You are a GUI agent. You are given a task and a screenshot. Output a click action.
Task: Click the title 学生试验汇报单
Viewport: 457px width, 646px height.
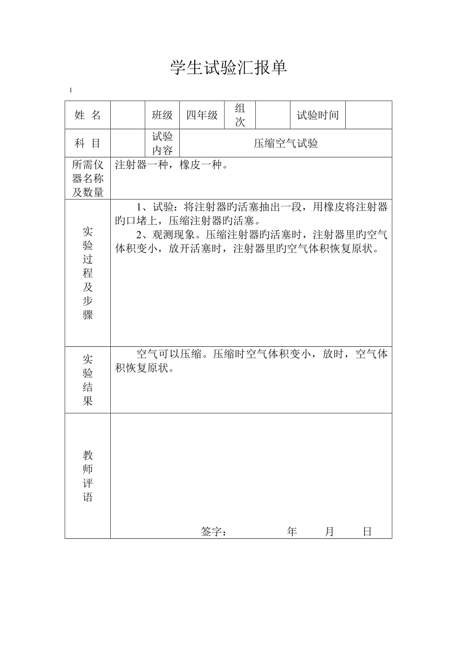[x=228, y=67]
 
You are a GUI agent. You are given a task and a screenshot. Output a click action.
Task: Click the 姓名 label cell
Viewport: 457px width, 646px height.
[x=87, y=115]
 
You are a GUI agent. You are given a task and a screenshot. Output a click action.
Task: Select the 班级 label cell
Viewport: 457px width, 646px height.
[x=162, y=115]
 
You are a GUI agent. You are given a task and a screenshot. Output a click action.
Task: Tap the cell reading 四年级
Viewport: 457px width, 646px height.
[x=202, y=115]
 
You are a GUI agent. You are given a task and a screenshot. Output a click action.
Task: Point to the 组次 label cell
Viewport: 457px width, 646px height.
[x=240, y=115]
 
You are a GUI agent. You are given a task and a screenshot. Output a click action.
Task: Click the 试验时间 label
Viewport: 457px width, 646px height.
[x=318, y=115]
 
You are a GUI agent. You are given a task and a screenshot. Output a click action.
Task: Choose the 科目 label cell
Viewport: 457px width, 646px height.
[x=87, y=143]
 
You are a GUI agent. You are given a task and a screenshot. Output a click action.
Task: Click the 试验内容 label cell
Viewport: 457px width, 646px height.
[x=162, y=143]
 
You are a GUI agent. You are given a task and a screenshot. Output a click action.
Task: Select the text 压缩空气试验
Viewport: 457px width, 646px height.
[x=286, y=144]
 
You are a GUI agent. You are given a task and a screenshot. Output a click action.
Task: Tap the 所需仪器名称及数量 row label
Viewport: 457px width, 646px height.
[x=87, y=179]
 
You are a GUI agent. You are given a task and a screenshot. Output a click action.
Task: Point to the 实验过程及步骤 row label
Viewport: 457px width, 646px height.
[x=87, y=273]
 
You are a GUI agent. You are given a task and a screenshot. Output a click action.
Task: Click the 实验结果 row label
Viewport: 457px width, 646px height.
[x=87, y=380]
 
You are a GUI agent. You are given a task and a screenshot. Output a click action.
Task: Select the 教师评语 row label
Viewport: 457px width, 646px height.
[x=87, y=476]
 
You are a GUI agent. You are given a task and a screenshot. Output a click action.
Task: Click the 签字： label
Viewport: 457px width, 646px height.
[x=214, y=532]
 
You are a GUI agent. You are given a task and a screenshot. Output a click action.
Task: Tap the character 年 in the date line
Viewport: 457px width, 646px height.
[x=292, y=532]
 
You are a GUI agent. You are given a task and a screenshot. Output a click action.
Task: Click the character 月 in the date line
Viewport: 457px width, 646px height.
[x=329, y=532]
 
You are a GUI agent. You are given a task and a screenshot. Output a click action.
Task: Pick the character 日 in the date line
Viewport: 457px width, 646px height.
[x=367, y=532]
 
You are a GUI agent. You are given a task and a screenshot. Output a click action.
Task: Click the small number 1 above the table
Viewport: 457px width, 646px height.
[x=71, y=90]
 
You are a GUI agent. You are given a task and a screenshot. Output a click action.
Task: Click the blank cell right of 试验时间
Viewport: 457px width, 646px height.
[x=368, y=115]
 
